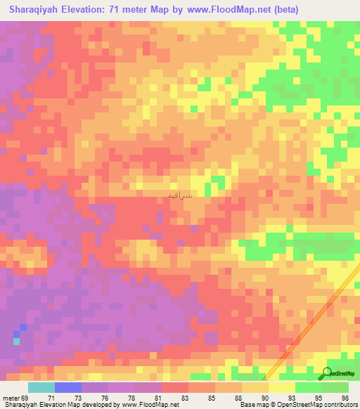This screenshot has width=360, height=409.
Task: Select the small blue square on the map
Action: pos(23,327)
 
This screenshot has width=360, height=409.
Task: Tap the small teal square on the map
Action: pos(17,342)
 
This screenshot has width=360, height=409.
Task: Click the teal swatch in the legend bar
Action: pos(41,387)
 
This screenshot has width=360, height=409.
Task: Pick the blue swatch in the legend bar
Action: pos(67,387)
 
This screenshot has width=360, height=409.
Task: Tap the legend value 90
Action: pos(255,397)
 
